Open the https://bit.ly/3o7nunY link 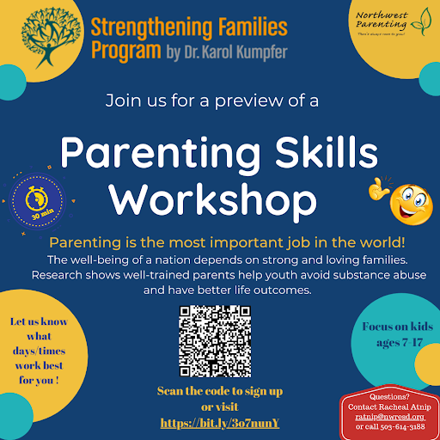click(x=220, y=423)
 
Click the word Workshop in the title click(x=218, y=199)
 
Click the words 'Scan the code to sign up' click(x=219, y=391)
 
